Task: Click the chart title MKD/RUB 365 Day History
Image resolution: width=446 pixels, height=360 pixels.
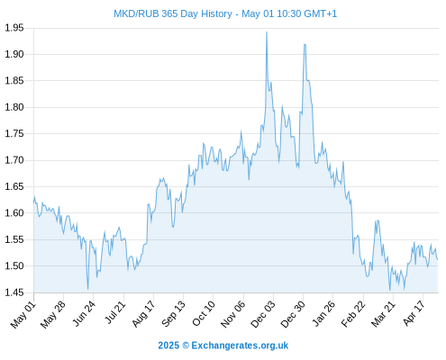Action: [x=173, y=13]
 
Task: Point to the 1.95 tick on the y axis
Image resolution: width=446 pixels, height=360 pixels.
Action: [x=14, y=28]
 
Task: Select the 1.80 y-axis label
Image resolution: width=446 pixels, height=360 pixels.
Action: [x=14, y=107]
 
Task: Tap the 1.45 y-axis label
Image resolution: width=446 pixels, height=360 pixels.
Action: [x=14, y=292]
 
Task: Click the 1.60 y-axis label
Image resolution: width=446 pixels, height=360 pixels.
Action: [x=14, y=213]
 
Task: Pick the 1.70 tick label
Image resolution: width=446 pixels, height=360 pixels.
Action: [x=14, y=160]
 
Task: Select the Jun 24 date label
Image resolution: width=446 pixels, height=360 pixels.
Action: [x=84, y=313]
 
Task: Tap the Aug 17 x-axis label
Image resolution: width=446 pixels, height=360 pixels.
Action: [x=143, y=314]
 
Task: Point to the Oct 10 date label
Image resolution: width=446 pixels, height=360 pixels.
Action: [x=204, y=313]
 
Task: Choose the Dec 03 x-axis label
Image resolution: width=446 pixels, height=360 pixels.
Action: [x=263, y=314]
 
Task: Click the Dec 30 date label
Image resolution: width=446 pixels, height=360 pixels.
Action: [x=293, y=314]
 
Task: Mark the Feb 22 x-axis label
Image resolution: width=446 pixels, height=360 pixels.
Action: [x=353, y=314]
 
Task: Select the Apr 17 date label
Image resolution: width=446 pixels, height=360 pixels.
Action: [x=414, y=313]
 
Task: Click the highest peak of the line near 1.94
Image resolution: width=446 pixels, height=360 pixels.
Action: [x=267, y=31]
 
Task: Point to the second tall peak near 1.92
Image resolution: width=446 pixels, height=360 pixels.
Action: [x=305, y=44]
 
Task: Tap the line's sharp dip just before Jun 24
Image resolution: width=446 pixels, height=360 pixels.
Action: [x=88, y=289]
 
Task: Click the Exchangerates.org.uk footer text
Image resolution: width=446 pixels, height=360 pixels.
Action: [x=240, y=346]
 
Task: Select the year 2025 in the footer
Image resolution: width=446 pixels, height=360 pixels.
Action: [x=168, y=346]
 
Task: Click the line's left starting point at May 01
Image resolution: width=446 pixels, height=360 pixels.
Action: [x=34, y=202]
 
